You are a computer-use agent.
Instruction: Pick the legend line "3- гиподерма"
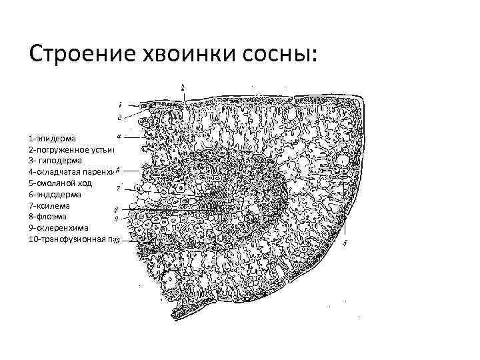point(56,160)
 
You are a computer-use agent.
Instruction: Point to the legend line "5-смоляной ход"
point(63,183)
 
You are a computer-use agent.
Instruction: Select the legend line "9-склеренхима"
point(59,228)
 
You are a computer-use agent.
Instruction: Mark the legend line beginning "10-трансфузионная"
point(73,239)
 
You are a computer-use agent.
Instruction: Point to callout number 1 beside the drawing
point(119,105)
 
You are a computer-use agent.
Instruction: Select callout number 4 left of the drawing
point(118,136)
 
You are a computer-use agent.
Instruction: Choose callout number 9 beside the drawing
point(117,219)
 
